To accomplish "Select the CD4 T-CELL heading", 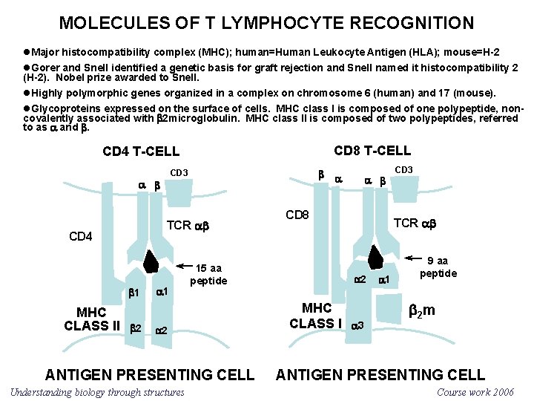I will pyautogui.click(x=141, y=151).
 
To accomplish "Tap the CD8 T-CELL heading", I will pyautogui.click(x=372, y=151).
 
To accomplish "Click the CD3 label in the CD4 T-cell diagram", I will pyautogui.click(x=179, y=173).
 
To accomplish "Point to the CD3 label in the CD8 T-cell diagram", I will pyautogui.click(x=404, y=170).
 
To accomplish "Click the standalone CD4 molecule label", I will pyautogui.click(x=80, y=237).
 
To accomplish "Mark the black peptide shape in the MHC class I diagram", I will pyautogui.click(x=376, y=255).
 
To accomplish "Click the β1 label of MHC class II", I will pyautogui.click(x=133, y=293).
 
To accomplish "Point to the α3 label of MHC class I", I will pyautogui.click(x=357, y=325).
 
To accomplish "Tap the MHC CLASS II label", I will pyautogui.click(x=92, y=319).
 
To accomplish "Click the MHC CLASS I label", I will pyautogui.click(x=317, y=316).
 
